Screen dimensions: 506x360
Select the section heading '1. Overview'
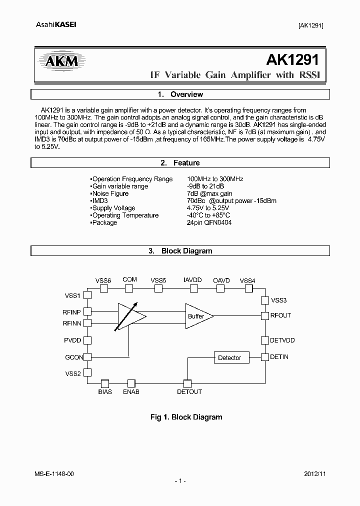click(180, 94)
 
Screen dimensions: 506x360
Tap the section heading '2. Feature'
click(180, 163)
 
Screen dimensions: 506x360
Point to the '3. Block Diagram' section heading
click(180, 251)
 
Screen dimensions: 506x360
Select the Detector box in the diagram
click(229, 357)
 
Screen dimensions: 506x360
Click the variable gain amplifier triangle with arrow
click(129, 316)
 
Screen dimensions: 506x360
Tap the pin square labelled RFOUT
click(265, 315)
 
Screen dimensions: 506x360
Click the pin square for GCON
click(87, 357)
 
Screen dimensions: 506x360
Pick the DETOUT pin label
click(189, 392)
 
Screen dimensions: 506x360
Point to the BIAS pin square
click(105, 383)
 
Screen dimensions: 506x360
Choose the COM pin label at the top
click(129, 280)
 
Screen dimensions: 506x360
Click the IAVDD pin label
click(192, 280)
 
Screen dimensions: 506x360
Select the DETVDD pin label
click(282, 340)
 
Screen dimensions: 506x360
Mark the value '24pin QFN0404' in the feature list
click(209, 222)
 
